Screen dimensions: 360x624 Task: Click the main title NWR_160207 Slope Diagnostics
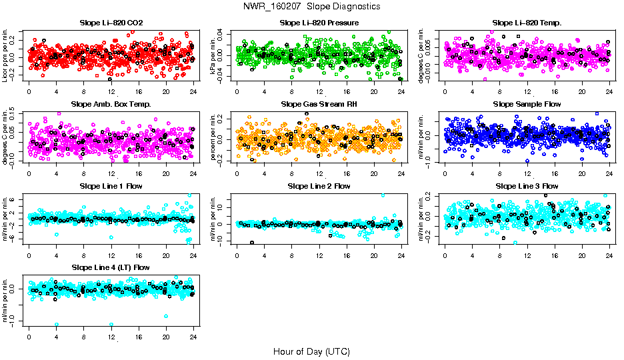tap(312, 6)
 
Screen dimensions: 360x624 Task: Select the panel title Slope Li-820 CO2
tap(111, 23)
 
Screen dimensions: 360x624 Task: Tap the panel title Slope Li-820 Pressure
tap(319, 23)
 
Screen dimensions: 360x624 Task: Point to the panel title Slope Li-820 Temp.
tap(527, 23)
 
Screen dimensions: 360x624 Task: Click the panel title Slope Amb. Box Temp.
tap(111, 104)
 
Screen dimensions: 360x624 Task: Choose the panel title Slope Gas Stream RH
tap(319, 104)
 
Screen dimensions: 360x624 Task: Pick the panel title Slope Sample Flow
tap(527, 104)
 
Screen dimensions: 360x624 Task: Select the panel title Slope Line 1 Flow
tap(111, 186)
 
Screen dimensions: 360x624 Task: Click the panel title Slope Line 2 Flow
tap(319, 186)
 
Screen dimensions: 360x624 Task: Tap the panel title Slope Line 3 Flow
tap(527, 186)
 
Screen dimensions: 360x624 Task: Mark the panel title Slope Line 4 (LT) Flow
tap(111, 267)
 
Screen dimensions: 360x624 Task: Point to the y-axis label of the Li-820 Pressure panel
tap(215, 55)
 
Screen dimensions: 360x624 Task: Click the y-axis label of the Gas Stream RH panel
tap(215, 137)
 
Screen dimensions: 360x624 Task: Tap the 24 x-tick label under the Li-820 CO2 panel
tap(193, 92)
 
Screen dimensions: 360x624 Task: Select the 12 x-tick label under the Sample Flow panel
tap(527, 173)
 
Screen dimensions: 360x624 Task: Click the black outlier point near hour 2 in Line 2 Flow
tap(251, 243)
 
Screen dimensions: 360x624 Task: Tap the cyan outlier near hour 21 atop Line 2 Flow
tap(383, 195)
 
